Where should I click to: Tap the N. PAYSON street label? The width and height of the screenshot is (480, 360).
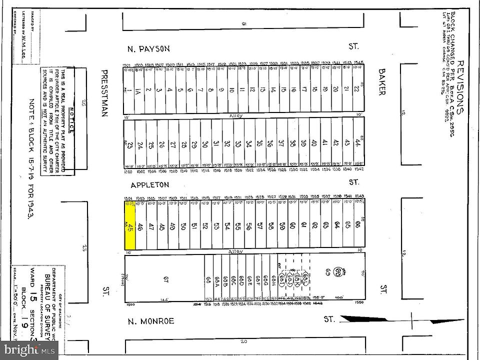[149, 48]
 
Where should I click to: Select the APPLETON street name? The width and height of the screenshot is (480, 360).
[150, 185]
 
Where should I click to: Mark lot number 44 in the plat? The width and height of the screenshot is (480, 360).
[358, 142]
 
